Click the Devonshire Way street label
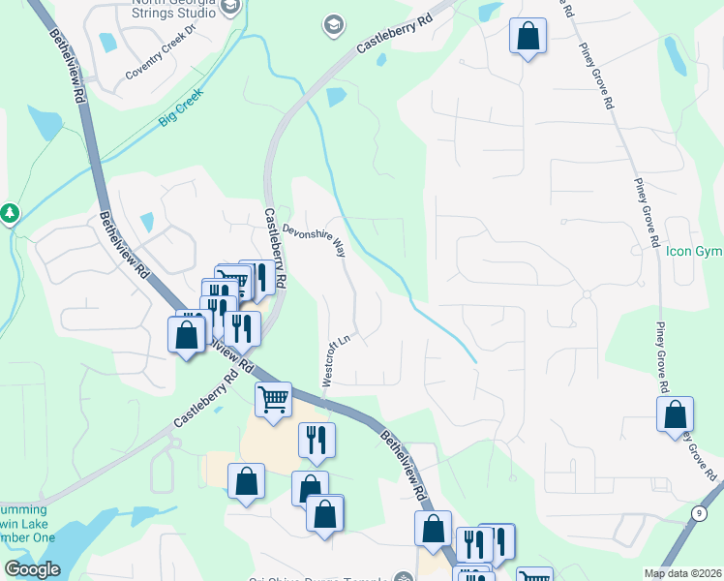pos(313,241)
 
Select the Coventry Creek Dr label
pos(161,67)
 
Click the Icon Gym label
pos(693,252)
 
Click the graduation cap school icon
pos(334,24)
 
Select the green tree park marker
pos(10,212)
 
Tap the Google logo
pos(33,569)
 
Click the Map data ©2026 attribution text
pos(682,573)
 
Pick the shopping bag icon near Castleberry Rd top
pos(528,37)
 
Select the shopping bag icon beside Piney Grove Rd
pos(675,414)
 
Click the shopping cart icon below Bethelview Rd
pos(274,397)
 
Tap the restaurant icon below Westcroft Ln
pos(317,440)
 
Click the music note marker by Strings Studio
pos(229,8)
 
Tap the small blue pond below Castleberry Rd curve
pos(337,96)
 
